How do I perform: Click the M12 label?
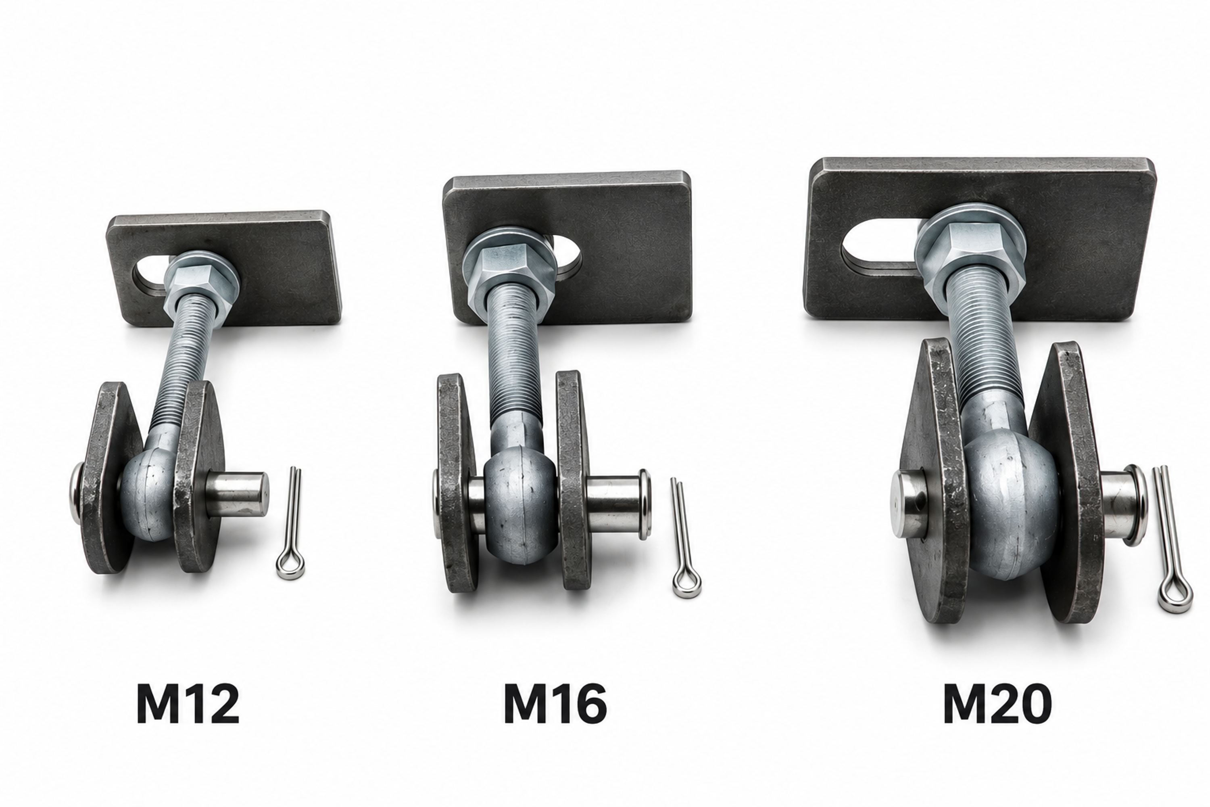(188, 704)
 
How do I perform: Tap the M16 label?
(555, 704)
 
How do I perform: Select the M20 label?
(997, 704)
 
